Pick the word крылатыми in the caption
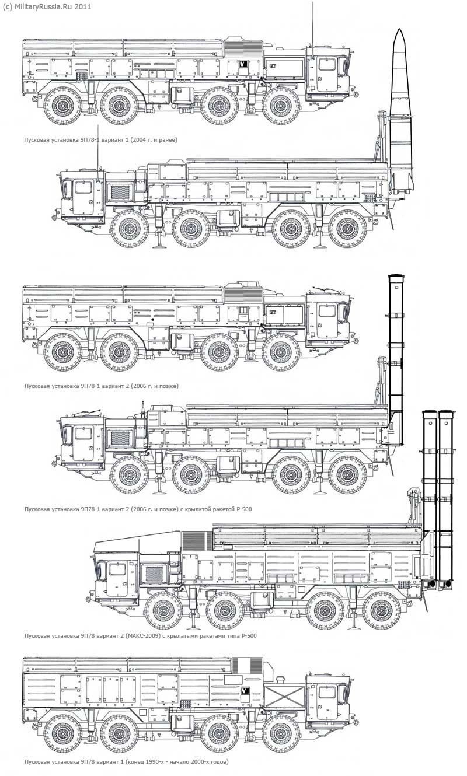(177, 636)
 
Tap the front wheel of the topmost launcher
(281, 107)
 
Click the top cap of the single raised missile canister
(396, 277)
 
